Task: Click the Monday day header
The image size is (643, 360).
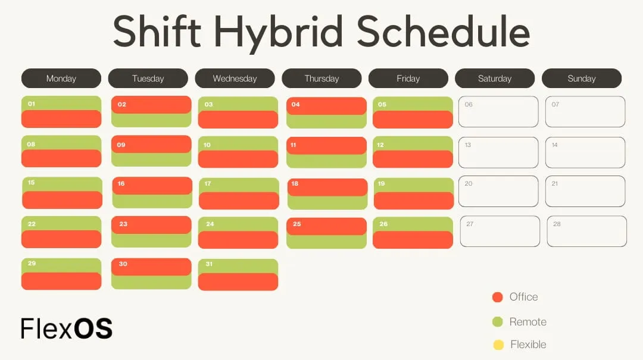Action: click(61, 79)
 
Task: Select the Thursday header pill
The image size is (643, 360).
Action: click(321, 79)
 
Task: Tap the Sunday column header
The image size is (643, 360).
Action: click(581, 79)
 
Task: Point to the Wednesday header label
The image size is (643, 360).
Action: click(235, 79)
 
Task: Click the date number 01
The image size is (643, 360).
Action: click(32, 104)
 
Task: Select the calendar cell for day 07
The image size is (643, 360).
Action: click(585, 112)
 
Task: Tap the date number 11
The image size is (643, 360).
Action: click(293, 145)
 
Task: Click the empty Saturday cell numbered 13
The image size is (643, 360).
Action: click(498, 152)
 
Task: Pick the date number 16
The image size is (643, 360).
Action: click(121, 184)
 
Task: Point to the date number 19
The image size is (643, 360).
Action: click(382, 184)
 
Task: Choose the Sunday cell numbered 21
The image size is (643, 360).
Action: click(585, 192)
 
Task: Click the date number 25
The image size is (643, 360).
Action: click(297, 224)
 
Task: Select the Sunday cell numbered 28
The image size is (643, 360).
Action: click(586, 231)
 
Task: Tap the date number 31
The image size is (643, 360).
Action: click(209, 264)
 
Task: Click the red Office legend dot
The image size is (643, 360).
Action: click(498, 298)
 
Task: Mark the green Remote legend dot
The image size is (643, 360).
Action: click(498, 322)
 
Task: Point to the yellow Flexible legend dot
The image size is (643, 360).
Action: click(498, 345)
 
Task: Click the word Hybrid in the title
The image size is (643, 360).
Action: click(277, 33)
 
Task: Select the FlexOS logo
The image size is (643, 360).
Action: click(66, 328)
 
